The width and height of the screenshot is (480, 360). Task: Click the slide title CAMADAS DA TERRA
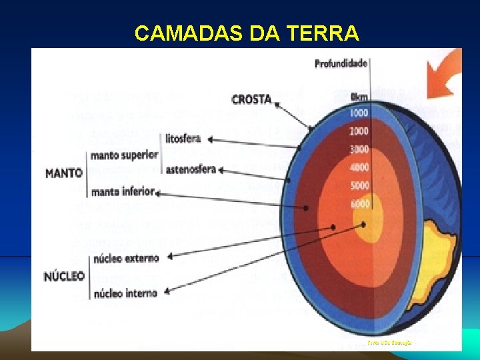click(x=247, y=33)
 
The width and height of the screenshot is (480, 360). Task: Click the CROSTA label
click(x=251, y=100)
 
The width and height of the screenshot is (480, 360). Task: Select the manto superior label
click(x=125, y=155)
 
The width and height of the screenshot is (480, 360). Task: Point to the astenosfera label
click(x=191, y=169)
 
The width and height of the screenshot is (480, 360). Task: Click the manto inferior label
click(x=123, y=192)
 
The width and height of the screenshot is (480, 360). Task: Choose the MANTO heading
click(x=63, y=173)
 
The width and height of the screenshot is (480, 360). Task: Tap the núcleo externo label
click(x=127, y=258)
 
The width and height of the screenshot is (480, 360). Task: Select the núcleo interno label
click(x=126, y=293)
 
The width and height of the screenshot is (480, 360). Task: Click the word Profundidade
click(x=341, y=64)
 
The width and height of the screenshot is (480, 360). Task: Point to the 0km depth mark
click(x=359, y=97)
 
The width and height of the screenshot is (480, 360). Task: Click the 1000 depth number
click(x=359, y=113)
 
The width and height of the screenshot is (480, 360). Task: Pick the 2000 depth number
click(x=359, y=131)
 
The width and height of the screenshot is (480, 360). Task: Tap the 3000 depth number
click(x=359, y=149)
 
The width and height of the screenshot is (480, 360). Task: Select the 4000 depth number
click(x=359, y=167)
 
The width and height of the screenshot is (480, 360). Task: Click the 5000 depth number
click(x=359, y=185)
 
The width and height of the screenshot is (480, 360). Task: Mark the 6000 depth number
click(x=359, y=204)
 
